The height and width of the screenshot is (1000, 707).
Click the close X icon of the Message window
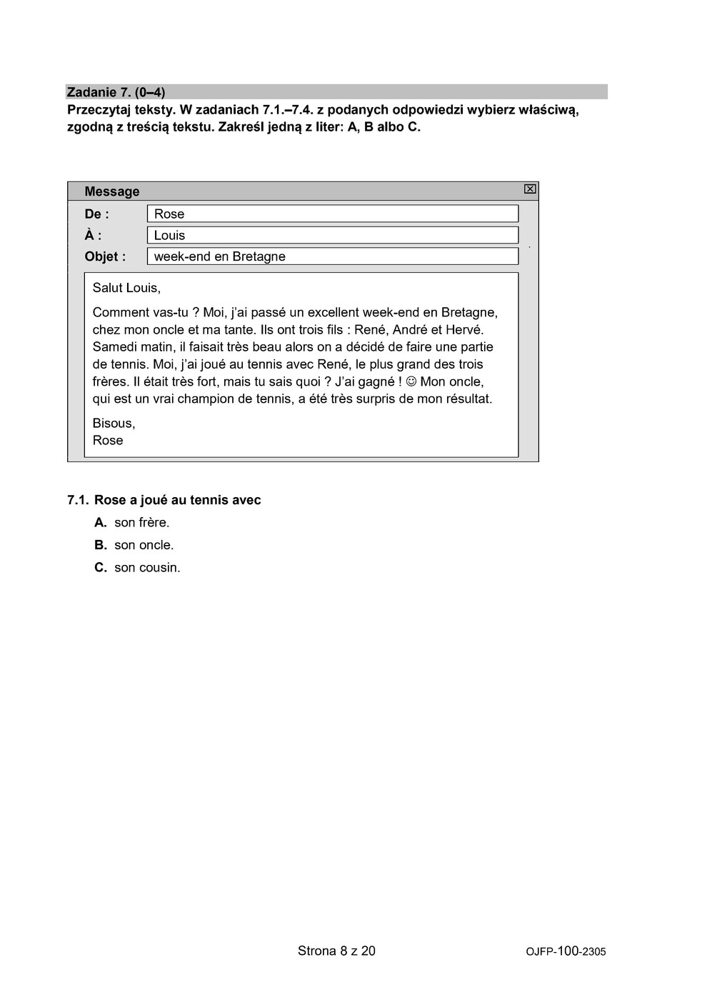pos(530,189)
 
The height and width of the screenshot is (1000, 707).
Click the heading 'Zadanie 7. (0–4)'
pos(116,92)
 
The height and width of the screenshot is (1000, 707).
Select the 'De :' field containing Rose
pos(332,214)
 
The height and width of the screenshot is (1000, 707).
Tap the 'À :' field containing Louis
pos(332,235)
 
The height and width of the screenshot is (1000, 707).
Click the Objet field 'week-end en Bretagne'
pos(332,256)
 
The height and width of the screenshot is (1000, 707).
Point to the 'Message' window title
pos(112,191)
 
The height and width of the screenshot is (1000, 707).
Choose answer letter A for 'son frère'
pos(101,523)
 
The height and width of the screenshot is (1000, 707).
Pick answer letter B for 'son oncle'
pos(101,545)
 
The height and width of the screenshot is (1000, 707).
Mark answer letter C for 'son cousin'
pos(101,568)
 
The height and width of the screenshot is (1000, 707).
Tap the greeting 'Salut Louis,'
pos(126,288)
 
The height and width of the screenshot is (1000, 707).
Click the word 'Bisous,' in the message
pos(114,424)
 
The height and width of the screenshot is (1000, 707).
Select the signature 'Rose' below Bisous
pos(108,441)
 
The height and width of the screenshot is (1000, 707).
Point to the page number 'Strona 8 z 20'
pos(336,951)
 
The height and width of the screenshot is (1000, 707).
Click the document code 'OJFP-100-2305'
pos(566,951)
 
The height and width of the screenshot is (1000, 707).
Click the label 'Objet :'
pos(105,257)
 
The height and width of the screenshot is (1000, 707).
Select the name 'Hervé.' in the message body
pos(465,330)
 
